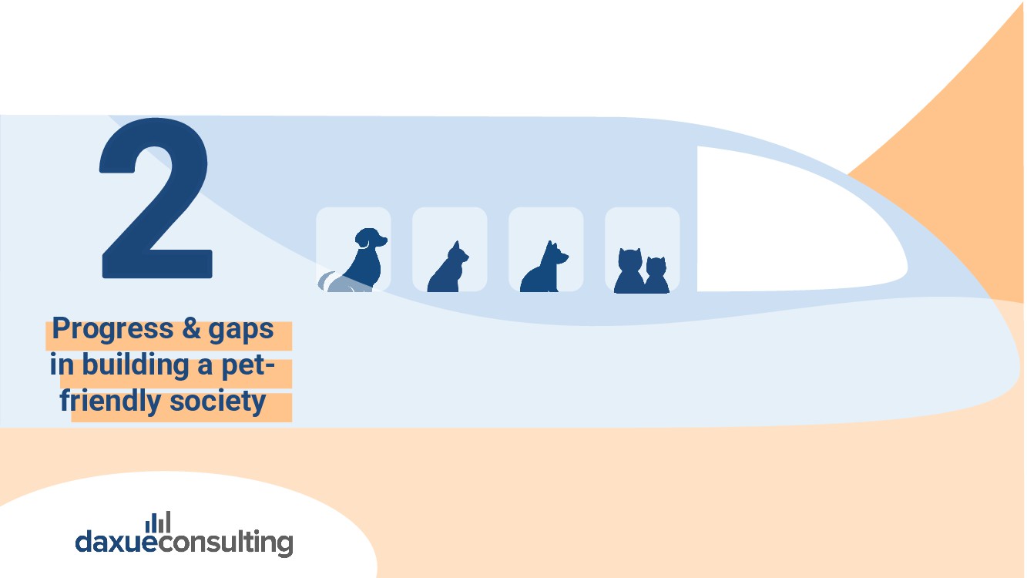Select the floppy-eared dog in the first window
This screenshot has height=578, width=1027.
tap(364, 262)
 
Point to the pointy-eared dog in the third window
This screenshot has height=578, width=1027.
tap(544, 270)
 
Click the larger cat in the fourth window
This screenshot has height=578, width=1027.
tap(629, 271)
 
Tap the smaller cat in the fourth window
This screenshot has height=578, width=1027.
tap(656, 276)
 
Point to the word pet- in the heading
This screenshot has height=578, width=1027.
tap(248, 365)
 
